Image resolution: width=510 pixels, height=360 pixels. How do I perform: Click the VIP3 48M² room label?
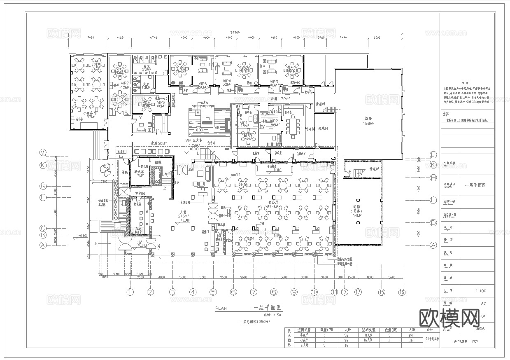(274, 84)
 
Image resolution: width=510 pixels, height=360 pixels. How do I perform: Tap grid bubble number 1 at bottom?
(130, 292)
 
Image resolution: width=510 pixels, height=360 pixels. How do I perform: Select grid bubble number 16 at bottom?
(401, 292)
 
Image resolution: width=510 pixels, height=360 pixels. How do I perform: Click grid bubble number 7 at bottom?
(254, 292)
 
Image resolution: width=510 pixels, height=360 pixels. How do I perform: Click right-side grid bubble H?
(433, 178)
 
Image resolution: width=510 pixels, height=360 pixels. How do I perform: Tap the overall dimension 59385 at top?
(235, 33)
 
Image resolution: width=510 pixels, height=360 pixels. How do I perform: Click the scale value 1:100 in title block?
(480, 291)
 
